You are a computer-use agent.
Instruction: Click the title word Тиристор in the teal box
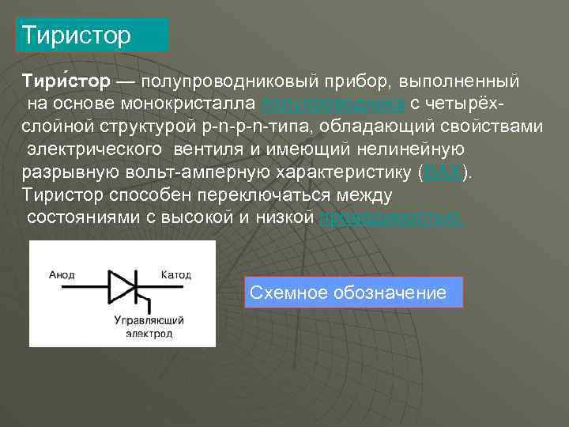pyautogui.click(x=77, y=36)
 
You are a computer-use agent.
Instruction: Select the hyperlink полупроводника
pyautogui.click(x=333, y=104)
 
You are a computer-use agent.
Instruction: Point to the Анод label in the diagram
pyautogui.click(x=62, y=275)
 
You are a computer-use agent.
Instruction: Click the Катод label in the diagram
pyautogui.click(x=175, y=275)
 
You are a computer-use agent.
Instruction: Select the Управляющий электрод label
pyautogui.click(x=149, y=327)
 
